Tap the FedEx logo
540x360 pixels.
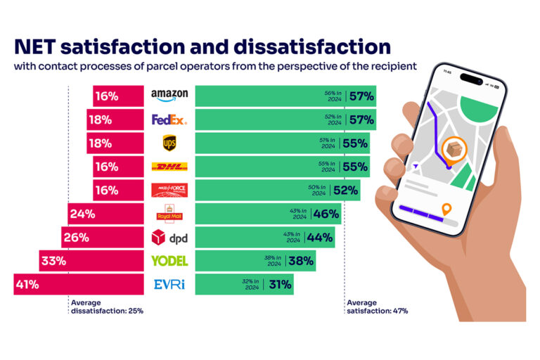point(169,120)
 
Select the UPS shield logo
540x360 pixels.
point(169,143)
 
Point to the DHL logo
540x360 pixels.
point(169,167)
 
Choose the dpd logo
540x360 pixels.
point(169,237)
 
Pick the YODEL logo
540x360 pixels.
point(169,261)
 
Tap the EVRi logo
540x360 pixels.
point(169,284)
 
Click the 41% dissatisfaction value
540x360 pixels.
point(29,285)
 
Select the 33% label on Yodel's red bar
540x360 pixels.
point(53,261)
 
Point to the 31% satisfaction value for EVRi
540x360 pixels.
point(279,285)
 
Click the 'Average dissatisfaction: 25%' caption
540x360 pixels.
point(105,307)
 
